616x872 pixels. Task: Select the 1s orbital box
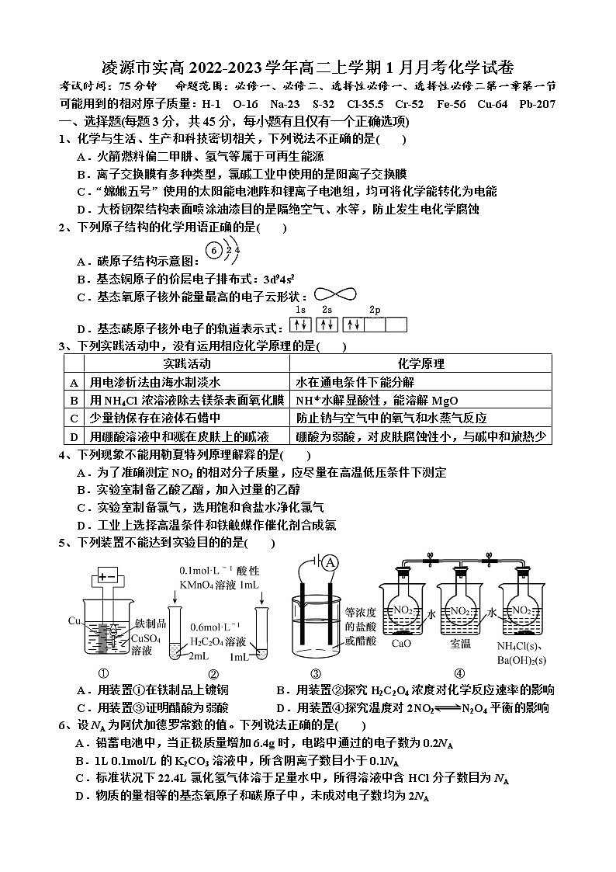[301, 325]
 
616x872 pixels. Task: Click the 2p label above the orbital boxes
[375, 311]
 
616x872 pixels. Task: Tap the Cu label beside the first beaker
[75, 621]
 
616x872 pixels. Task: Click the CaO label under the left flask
[401, 643]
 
